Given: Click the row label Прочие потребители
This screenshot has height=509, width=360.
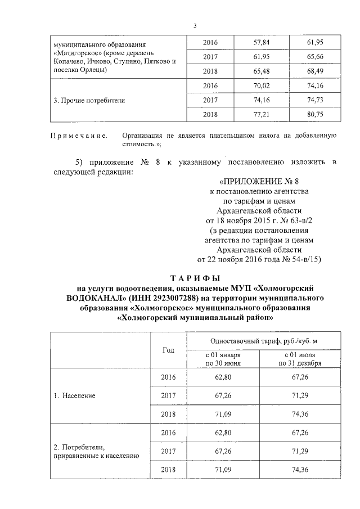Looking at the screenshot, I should (x=89, y=101).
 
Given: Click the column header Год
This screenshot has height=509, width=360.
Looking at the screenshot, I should (x=168, y=350).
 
